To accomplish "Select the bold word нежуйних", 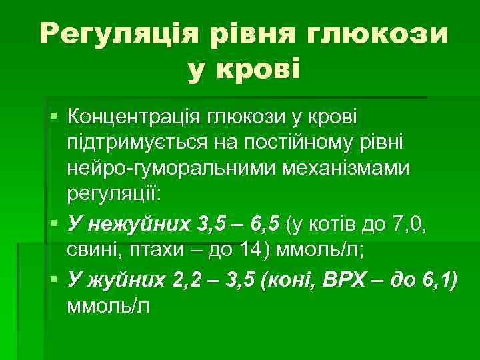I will coord(141,223).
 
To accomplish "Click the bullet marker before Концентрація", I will coord(53,118).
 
